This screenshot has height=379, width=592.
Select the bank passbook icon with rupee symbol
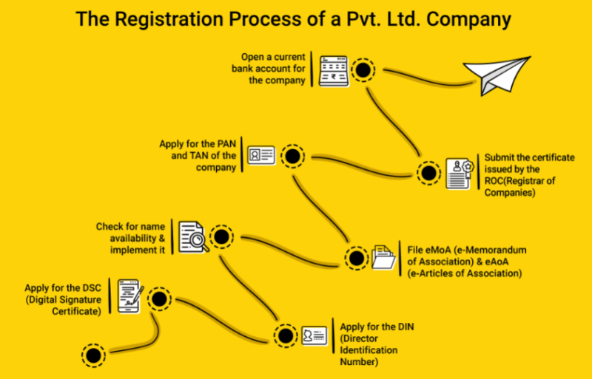[x=333, y=70]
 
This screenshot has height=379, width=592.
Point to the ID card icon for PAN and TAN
[x=261, y=156]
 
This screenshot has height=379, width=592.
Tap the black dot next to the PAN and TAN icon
[x=293, y=157]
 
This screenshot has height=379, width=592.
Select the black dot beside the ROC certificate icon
[x=428, y=174]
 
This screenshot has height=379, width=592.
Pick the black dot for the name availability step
[x=221, y=238]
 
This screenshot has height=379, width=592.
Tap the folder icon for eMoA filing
[x=385, y=258]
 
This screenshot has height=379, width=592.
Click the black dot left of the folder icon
[x=356, y=259]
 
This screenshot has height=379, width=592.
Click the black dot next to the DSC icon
[x=158, y=298]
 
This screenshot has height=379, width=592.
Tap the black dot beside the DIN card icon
[x=283, y=335]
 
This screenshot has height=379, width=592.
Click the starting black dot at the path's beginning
[x=93, y=355]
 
